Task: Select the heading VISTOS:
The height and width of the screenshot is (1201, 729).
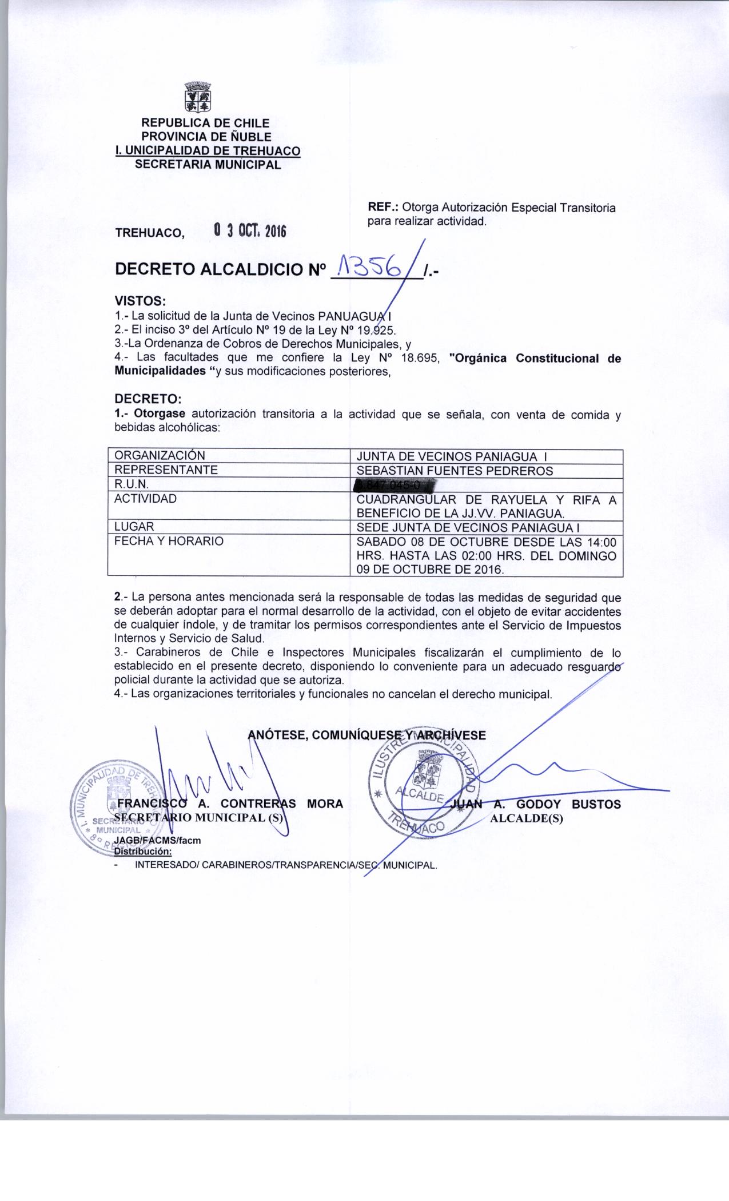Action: click(x=141, y=301)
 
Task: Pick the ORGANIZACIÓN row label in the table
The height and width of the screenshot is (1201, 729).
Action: click(x=160, y=456)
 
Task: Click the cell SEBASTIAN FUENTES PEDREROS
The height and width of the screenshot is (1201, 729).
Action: click(x=455, y=471)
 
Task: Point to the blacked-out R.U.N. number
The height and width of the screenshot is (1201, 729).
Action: click(x=394, y=485)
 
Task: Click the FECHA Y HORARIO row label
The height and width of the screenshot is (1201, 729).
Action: click(x=169, y=540)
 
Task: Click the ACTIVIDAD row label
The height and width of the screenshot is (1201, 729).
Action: click(x=145, y=498)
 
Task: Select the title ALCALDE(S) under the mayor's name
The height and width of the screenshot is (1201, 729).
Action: click(x=527, y=818)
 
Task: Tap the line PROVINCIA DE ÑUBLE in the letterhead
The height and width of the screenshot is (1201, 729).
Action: click(x=206, y=137)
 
